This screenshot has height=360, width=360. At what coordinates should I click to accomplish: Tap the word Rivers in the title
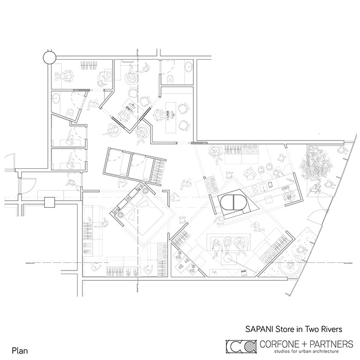330,326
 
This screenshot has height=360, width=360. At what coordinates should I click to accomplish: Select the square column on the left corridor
49,202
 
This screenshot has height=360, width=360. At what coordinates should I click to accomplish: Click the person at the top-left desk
65,74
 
